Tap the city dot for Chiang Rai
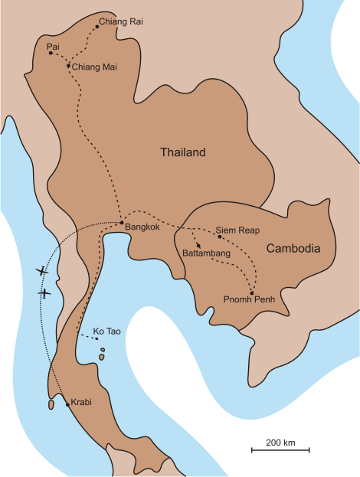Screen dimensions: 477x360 (x=97, y=27)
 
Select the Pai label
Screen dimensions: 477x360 (x=53, y=46)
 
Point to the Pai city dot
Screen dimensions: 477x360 (x=51, y=53)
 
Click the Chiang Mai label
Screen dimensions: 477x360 (x=94, y=67)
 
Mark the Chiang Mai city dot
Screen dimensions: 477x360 (x=68, y=65)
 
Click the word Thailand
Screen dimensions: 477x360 (x=182, y=152)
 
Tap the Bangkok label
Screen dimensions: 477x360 (x=142, y=227)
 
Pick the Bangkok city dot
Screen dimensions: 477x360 (x=122, y=222)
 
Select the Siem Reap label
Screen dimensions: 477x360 (x=237, y=230)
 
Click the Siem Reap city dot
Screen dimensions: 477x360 (x=220, y=237)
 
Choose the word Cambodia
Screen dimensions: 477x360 (x=293, y=248)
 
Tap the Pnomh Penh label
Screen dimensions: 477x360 (x=249, y=299)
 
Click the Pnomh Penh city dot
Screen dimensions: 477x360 (x=252, y=292)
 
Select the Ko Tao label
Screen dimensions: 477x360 (x=107, y=331)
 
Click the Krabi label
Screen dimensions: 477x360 (x=81, y=402)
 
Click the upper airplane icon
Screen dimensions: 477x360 (x=41, y=270)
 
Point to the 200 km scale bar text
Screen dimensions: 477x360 (x=280, y=443)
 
